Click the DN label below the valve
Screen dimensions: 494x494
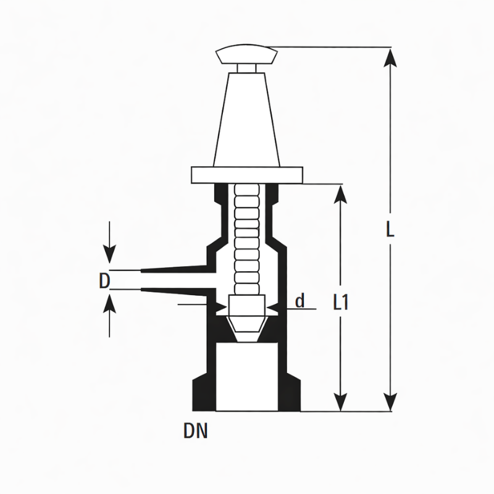(196, 431)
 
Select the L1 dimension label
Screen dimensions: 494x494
(341, 303)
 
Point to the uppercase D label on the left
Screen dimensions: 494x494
(104, 281)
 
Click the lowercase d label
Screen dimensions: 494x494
(300, 300)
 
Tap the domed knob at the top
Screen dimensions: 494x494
(246, 54)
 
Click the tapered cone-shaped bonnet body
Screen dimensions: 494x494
(246, 120)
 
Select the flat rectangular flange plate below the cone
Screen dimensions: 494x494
(247, 175)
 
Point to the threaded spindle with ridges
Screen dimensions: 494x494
(246, 240)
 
